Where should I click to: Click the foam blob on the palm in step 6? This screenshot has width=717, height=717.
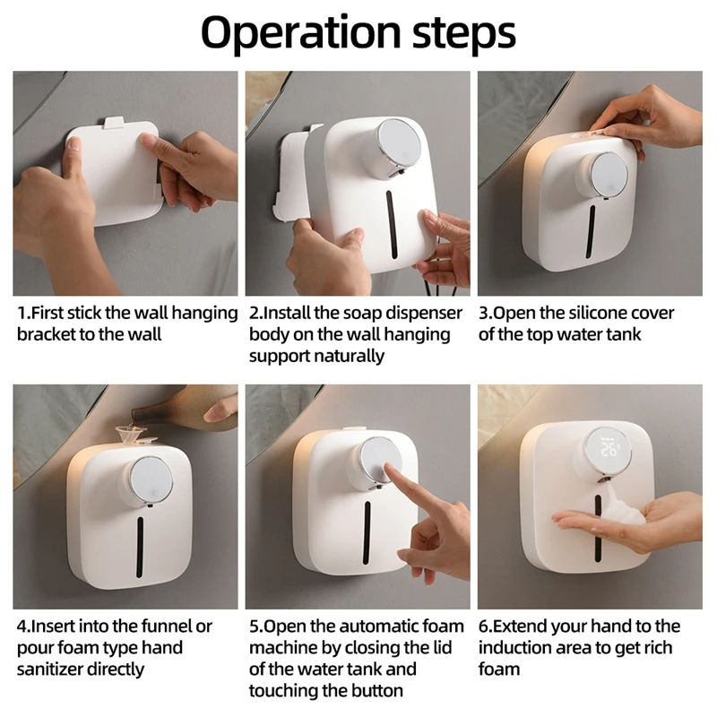click(x=613, y=514)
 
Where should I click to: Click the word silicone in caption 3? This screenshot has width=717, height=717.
click(x=597, y=314)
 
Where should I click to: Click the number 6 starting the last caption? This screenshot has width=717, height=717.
click(x=483, y=626)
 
